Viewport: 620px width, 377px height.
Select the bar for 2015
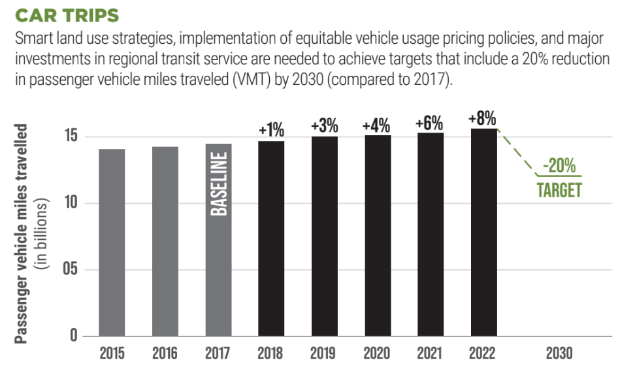click(112, 242)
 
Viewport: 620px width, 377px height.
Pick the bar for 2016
click(165, 241)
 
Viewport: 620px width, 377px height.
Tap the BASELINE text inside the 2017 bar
click(219, 184)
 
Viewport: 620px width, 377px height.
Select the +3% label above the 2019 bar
click(324, 126)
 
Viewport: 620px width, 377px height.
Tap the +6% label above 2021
click(430, 123)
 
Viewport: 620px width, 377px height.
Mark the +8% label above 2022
click(483, 119)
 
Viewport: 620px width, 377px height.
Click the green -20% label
click(559, 166)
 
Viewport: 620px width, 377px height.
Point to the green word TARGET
click(559, 189)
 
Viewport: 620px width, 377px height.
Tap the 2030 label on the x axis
click(559, 353)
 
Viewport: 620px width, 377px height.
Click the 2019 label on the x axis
click(324, 353)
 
